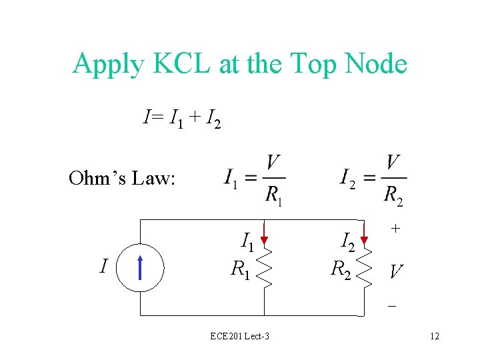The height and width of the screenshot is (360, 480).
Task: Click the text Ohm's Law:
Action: (122, 178)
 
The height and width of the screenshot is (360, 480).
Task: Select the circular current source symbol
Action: (139, 267)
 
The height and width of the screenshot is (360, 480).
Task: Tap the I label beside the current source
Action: (103, 267)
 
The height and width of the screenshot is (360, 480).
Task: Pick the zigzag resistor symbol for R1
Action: (265, 269)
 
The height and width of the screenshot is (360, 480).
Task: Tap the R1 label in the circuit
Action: (241, 270)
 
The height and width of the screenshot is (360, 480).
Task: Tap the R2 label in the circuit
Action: (342, 270)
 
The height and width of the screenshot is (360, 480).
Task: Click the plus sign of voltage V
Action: (395, 228)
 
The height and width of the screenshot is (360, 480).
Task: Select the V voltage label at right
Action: (396, 271)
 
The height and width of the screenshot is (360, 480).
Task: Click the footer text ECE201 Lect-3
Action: (239, 336)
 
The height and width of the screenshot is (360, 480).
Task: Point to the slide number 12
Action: (435, 336)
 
